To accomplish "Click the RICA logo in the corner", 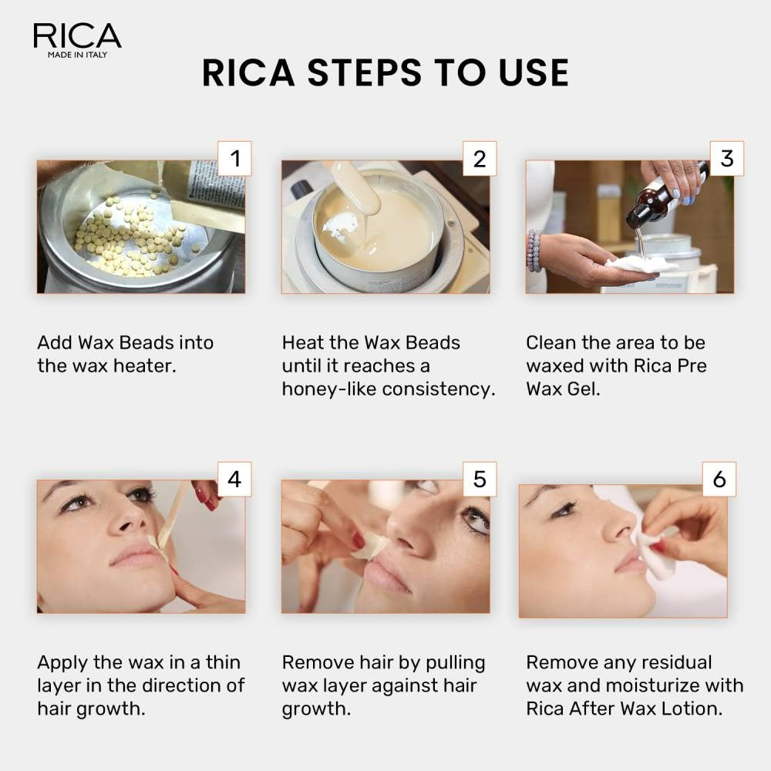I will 77,36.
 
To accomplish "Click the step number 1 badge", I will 235,159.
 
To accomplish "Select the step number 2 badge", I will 480,159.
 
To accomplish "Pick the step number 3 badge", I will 726,158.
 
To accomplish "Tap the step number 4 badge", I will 234,479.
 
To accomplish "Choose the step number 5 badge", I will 480,479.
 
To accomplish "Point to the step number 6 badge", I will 719,479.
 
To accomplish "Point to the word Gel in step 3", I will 584,389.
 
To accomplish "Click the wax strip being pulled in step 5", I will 369,546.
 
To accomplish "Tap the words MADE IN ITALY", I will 77,56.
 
